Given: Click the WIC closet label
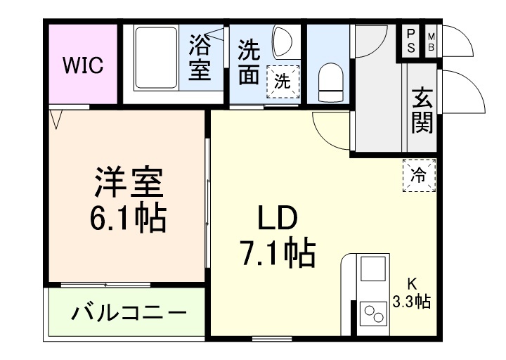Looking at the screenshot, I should (84, 66).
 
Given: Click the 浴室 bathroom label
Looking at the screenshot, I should (200, 59).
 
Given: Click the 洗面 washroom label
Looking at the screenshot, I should (249, 62).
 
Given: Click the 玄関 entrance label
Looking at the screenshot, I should (422, 110).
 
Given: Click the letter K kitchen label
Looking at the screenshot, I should (413, 285).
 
